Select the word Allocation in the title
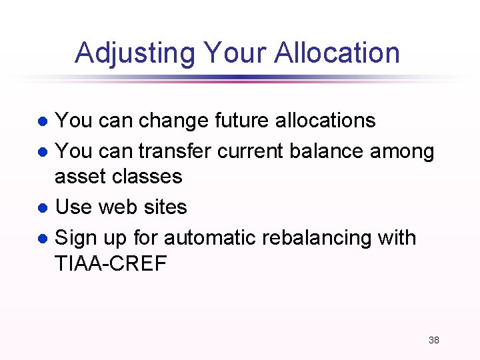(335, 53)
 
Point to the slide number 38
(433, 340)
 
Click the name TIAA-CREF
(111, 264)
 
